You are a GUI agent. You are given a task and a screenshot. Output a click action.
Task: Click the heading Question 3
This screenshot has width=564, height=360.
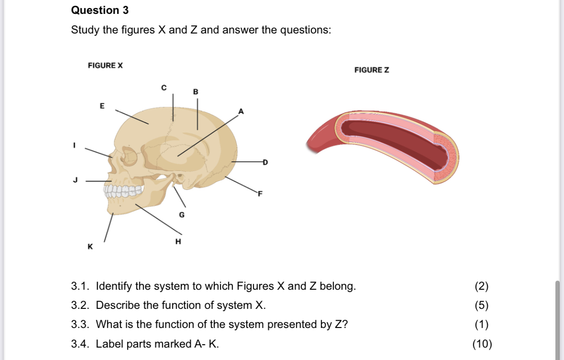click(100, 10)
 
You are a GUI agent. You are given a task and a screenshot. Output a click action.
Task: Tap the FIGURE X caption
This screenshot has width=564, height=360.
click(105, 65)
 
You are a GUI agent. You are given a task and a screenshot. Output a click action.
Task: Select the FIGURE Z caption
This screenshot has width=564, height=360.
click(372, 70)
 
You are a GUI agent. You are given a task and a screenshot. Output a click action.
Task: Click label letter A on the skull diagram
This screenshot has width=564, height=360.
click(241, 111)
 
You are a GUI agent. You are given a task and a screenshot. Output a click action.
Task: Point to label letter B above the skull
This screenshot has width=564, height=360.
click(195, 91)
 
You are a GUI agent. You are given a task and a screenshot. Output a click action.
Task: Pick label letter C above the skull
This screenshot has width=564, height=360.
click(164, 87)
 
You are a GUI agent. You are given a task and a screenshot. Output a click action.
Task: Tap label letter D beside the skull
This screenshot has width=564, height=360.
click(265, 163)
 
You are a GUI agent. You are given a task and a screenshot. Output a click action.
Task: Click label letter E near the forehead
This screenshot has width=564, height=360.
click(101, 105)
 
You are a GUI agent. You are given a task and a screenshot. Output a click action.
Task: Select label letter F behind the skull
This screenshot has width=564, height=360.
click(260, 194)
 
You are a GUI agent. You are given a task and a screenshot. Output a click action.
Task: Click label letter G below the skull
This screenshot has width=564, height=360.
click(182, 215)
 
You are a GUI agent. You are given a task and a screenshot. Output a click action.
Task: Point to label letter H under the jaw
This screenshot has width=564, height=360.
click(178, 241)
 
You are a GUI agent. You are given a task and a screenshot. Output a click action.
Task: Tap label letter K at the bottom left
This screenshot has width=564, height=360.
click(89, 247)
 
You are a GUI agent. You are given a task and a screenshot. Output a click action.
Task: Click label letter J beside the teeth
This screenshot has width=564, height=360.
click(75, 180)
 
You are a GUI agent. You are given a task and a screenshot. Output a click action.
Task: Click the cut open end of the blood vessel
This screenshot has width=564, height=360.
click(446, 155)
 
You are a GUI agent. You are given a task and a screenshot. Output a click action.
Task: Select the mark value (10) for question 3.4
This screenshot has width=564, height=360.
click(482, 344)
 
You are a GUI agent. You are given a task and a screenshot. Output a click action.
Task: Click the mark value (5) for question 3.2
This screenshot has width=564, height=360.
click(482, 305)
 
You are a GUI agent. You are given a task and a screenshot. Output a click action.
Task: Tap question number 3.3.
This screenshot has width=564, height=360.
click(81, 325)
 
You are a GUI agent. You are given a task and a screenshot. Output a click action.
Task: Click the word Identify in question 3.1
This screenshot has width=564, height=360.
click(114, 286)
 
